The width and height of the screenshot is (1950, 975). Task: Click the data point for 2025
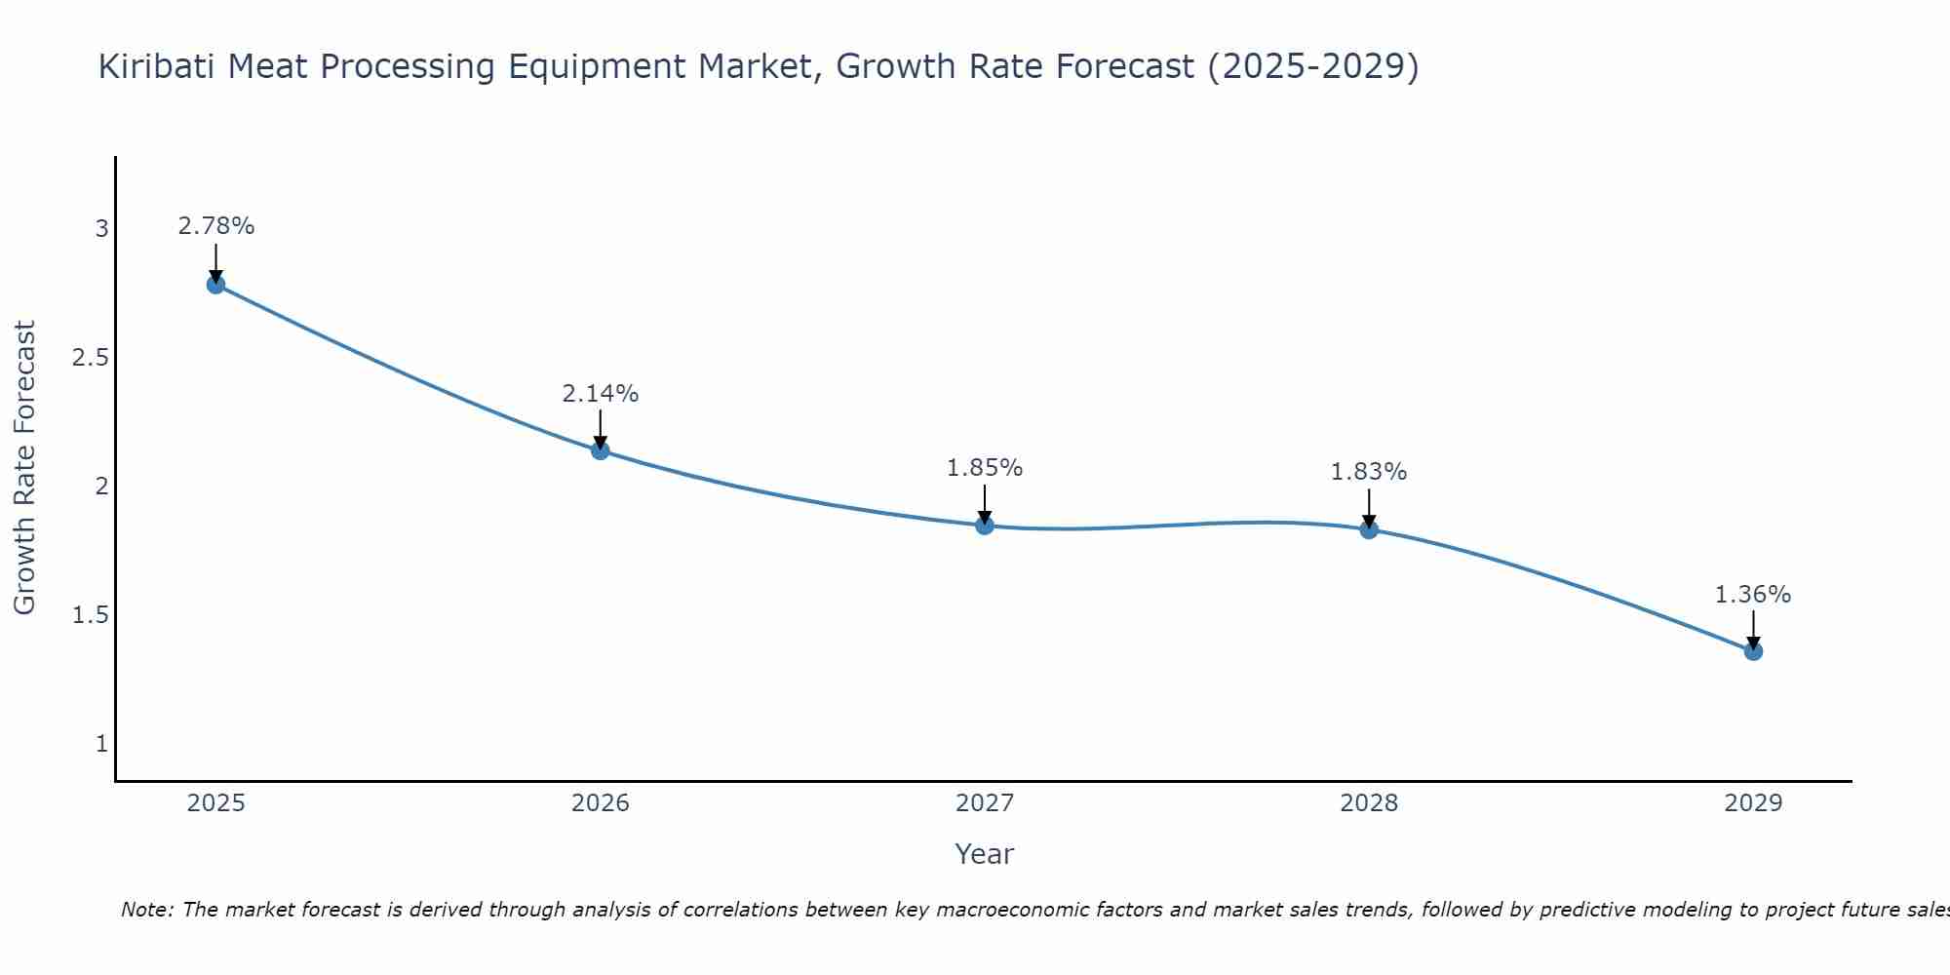click(x=215, y=285)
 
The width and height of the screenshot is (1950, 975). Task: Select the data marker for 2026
click(x=601, y=450)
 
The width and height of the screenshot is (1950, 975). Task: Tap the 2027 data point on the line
click(x=985, y=526)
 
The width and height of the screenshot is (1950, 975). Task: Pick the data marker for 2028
click(x=1369, y=529)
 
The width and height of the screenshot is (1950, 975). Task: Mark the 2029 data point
click(x=1753, y=651)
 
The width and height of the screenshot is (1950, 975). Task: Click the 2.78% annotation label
click(x=216, y=226)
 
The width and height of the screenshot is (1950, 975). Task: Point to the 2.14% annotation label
click(x=601, y=394)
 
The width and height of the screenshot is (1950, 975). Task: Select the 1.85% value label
click(x=985, y=468)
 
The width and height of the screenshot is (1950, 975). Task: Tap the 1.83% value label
click(x=1369, y=472)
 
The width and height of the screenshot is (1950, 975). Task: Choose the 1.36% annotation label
click(x=1753, y=595)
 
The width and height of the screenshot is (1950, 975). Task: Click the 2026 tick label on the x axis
click(x=601, y=803)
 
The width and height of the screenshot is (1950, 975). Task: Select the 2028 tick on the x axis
click(x=1369, y=803)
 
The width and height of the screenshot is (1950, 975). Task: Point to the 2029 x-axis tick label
click(x=1753, y=803)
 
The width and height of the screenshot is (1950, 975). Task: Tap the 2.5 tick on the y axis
click(x=91, y=358)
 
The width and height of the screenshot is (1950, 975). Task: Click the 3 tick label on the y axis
click(x=101, y=229)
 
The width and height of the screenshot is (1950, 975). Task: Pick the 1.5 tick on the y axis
click(x=91, y=615)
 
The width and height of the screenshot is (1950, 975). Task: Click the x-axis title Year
click(x=985, y=854)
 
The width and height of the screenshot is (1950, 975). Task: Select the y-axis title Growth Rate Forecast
click(x=24, y=467)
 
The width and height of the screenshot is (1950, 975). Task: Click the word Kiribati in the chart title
click(x=156, y=66)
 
